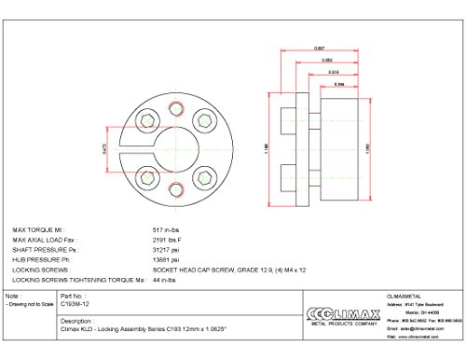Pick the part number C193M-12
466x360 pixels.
click(x=75, y=304)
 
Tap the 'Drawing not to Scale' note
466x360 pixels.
click(x=27, y=304)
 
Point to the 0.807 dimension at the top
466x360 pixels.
click(x=320, y=48)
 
